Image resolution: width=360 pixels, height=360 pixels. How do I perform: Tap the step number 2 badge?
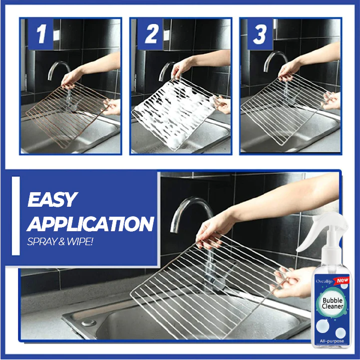click(150, 34)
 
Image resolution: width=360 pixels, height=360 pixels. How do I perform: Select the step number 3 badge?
click(260, 34)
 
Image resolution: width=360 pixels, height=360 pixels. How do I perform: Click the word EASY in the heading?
click(52, 199)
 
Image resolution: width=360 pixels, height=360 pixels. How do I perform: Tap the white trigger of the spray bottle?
click(314, 235)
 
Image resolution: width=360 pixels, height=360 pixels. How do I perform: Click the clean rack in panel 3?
click(285, 112)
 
